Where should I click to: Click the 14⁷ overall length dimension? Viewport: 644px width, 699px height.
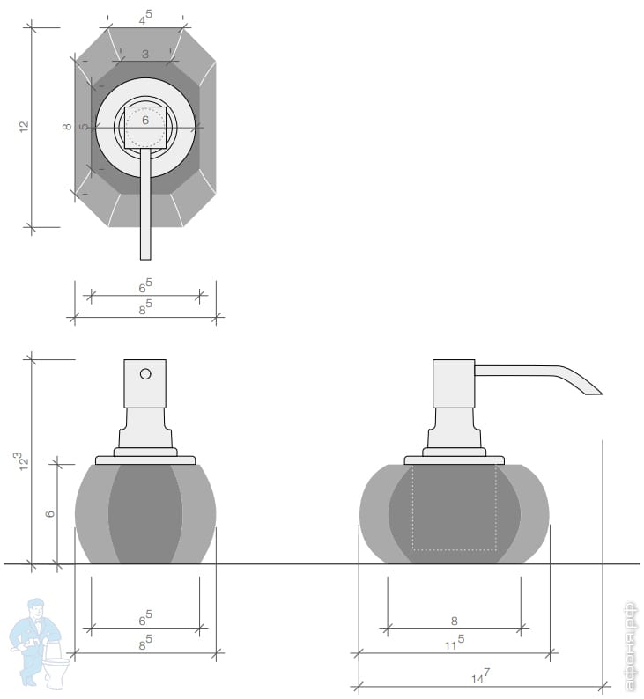pyautogui.click(x=480, y=676)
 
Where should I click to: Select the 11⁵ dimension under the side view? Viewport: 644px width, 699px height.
pyautogui.click(x=455, y=643)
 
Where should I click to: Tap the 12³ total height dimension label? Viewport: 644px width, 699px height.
pyautogui.click(x=23, y=462)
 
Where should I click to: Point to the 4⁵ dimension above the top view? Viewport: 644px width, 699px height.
pyautogui.click(x=145, y=18)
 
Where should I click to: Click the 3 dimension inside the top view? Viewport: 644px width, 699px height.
pyautogui.click(x=145, y=54)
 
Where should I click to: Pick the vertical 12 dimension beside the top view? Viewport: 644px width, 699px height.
pyautogui.click(x=24, y=126)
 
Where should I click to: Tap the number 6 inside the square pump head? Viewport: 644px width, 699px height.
pyautogui.click(x=145, y=120)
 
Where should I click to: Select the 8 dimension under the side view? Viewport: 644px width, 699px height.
pyautogui.click(x=454, y=621)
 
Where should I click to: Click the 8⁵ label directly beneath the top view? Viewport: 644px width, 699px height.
pyautogui.click(x=145, y=307)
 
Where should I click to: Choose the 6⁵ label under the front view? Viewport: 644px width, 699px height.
pyautogui.click(x=145, y=618)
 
